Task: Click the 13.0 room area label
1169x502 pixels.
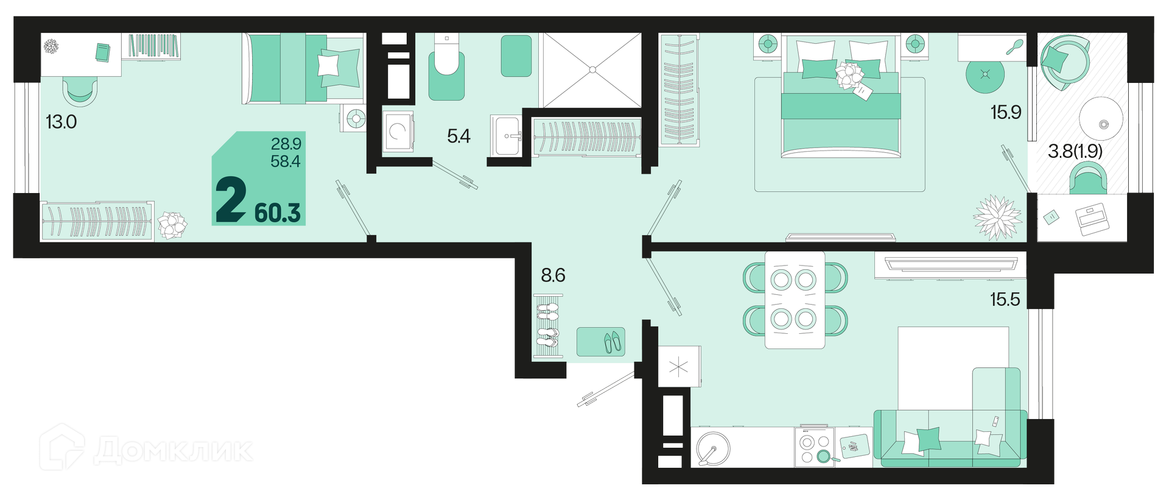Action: (61, 122)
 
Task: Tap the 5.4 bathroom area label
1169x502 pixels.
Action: (458, 136)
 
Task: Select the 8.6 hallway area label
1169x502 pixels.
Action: (553, 275)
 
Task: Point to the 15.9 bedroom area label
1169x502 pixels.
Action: (1005, 113)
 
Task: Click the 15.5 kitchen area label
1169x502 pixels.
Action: (1005, 299)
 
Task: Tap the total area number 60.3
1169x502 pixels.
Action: (278, 213)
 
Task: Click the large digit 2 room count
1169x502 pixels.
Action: (231, 200)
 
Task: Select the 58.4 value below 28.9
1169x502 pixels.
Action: (286, 161)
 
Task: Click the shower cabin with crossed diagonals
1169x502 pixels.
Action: (591, 71)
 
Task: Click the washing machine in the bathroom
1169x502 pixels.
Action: (398, 130)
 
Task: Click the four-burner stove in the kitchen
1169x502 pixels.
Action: (814, 447)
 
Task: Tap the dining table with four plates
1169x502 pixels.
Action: (795, 300)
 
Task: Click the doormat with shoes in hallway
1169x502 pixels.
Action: (600, 342)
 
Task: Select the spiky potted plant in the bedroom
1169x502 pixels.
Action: (997, 217)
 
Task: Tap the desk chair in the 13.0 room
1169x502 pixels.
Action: (80, 92)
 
